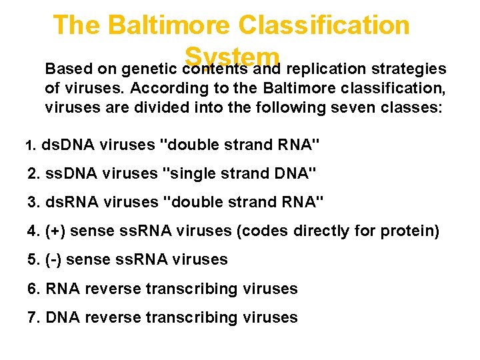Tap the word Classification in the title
325,25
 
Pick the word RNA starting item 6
61,289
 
